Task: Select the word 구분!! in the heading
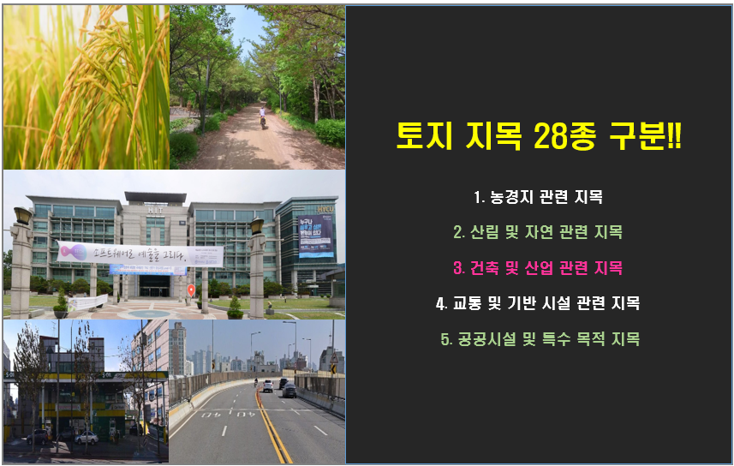(652, 136)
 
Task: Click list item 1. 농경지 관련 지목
(539, 197)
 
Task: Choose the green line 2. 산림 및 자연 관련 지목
(539, 232)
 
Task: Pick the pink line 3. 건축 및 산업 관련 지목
(539, 268)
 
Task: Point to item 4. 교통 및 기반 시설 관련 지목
(539, 303)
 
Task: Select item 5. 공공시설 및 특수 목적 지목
(539, 339)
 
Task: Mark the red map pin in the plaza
(191, 290)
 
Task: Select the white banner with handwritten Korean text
(140, 253)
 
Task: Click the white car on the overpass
(268, 386)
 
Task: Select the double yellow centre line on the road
(273, 433)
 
